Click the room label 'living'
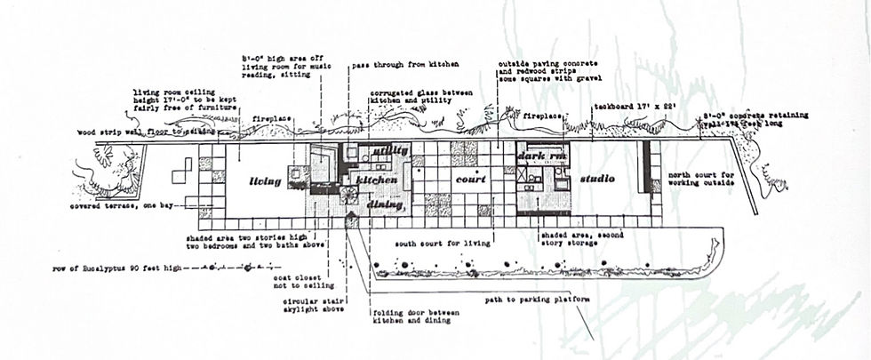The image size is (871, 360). coord(265,181)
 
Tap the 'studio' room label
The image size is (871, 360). coord(597,179)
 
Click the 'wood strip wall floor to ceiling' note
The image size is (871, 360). coord(124,130)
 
